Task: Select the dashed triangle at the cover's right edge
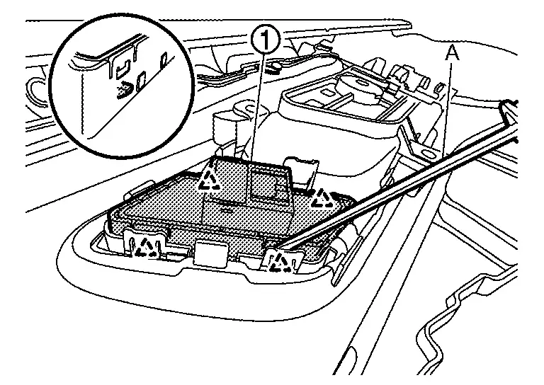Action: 325,197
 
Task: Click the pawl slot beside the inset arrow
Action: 142,77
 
